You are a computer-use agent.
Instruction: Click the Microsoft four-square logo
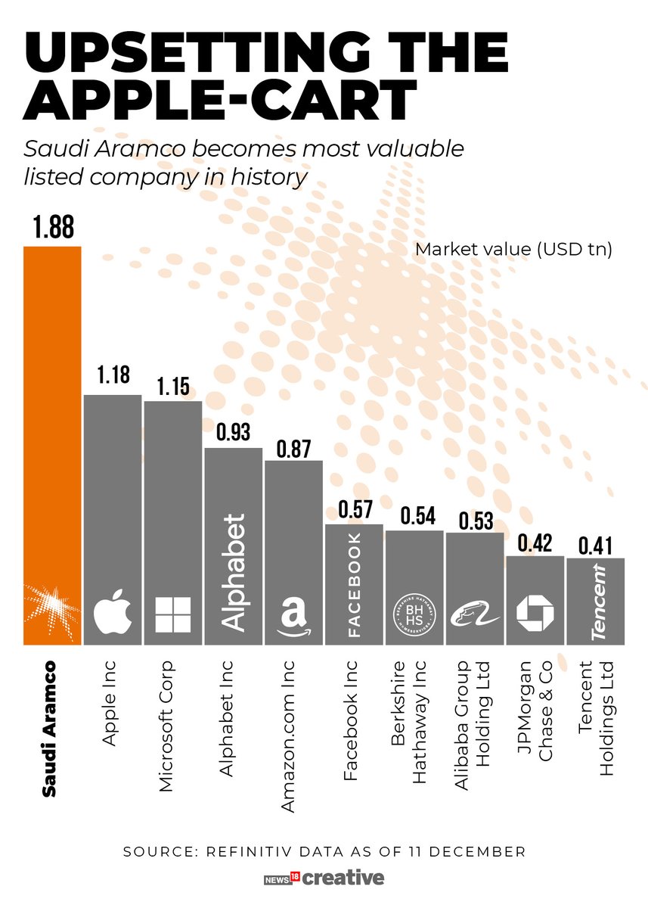172,614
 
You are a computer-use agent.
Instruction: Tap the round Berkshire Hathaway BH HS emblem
414,614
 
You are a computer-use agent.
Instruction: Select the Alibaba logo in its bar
474,614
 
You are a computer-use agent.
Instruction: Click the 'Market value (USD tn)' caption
513,249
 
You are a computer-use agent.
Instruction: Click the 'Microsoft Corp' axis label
167,726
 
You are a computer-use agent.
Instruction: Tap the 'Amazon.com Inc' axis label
288,735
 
